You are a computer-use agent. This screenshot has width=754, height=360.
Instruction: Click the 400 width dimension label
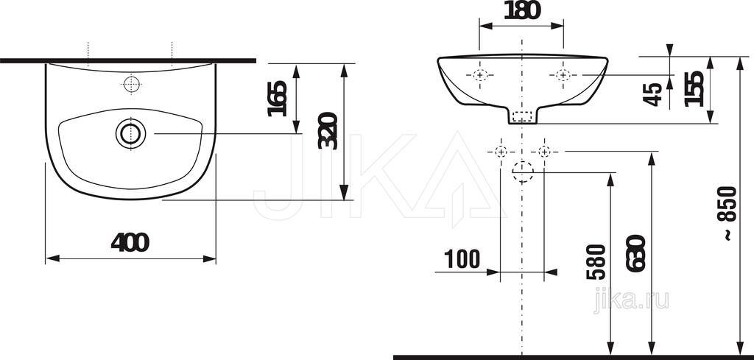click(130, 242)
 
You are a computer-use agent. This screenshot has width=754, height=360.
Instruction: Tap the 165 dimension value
click(278, 99)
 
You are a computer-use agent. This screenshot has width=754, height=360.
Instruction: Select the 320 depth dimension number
click(328, 131)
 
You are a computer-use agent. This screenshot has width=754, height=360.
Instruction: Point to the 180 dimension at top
click(522, 10)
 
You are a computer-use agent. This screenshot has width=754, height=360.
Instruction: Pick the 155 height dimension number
click(694, 89)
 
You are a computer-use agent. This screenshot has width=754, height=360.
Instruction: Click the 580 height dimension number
click(596, 262)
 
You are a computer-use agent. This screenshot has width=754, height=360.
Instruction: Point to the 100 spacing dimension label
click(462, 259)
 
